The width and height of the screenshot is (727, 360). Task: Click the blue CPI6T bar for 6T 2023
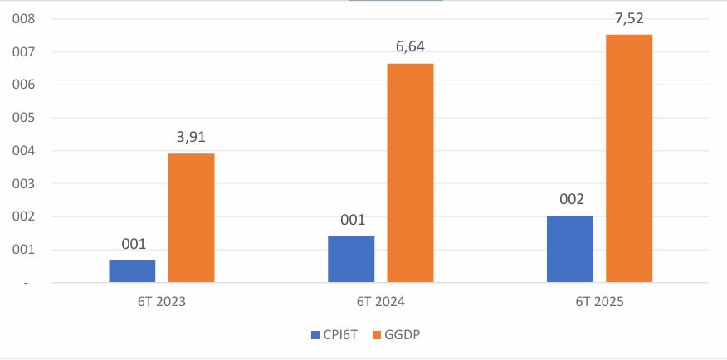click(x=132, y=271)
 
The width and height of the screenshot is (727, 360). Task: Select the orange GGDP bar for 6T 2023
click(x=191, y=218)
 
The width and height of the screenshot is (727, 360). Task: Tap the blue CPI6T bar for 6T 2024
click(x=351, y=259)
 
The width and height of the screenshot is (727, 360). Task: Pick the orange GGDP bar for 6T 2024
click(x=410, y=173)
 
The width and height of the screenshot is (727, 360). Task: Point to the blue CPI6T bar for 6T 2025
click(x=570, y=249)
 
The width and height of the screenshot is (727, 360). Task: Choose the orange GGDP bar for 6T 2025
click(x=629, y=158)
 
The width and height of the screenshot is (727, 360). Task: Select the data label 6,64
click(x=410, y=48)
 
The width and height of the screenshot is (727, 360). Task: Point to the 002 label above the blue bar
click(x=570, y=200)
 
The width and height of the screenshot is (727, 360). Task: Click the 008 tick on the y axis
click(x=17, y=19)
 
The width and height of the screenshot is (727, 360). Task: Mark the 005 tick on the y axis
click(x=17, y=118)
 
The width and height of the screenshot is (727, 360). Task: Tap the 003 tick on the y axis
click(x=17, y=184)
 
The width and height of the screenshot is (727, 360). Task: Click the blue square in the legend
click(x=315, y=335)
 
